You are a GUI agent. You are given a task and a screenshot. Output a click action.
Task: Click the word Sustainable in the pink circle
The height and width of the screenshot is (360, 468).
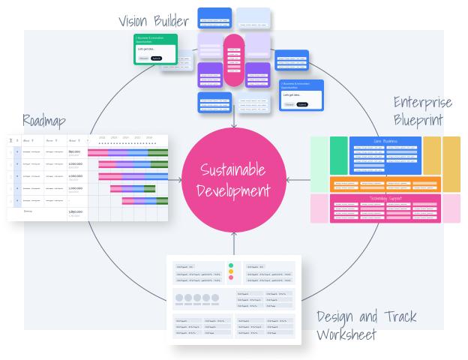tap(234, 170)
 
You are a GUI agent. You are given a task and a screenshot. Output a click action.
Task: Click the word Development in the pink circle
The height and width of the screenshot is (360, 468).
tap(234, 190)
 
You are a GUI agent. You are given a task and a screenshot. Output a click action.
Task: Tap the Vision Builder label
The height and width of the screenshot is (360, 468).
tap(154, 20)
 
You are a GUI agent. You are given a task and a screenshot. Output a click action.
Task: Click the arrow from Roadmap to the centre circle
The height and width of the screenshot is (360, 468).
tap(175, 180)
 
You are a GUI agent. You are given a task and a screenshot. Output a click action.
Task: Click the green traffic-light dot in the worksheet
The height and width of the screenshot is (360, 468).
tap(231, 265)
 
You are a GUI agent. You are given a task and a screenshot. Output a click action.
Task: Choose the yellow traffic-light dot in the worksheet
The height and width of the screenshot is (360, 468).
tap(231, 271)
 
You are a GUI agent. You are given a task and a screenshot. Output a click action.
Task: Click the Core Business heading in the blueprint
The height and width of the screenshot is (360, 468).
tap(385, 141)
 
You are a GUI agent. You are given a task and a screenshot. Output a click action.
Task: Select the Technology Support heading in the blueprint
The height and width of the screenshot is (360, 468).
tap(385, 198)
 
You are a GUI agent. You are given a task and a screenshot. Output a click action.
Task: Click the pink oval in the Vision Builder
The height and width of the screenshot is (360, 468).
tap(234, 60)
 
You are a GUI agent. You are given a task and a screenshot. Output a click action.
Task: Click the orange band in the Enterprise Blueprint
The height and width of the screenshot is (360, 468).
tap(385, 184)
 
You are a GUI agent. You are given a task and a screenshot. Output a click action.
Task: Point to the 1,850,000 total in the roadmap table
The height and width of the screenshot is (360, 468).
tap(76, 212)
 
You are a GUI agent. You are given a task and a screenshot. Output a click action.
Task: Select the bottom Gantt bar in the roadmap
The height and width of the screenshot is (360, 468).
tap(139, 200)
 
